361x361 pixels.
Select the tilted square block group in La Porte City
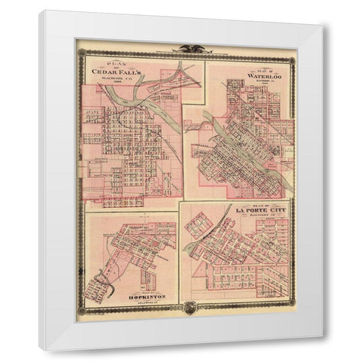pyautogui.click(x=203, y=226)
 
